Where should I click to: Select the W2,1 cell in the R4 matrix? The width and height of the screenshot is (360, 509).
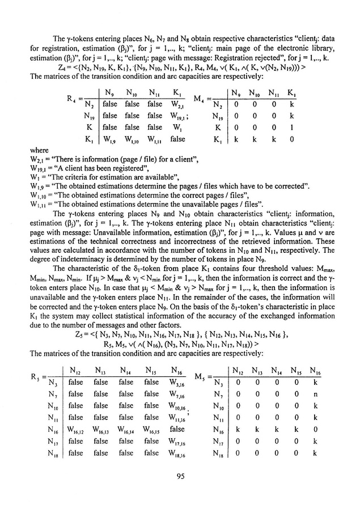click(x=178, y=104)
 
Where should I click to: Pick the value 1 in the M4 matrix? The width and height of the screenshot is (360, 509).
click(x=291, y=129)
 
